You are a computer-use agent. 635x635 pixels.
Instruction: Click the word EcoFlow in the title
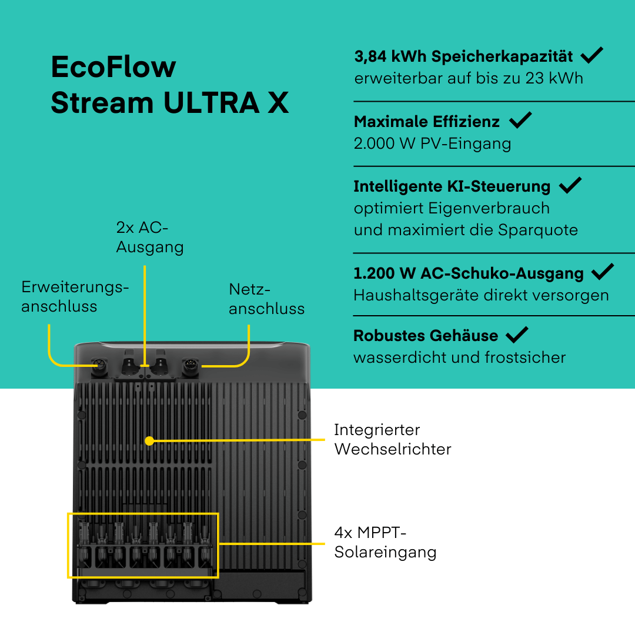coord(113,68)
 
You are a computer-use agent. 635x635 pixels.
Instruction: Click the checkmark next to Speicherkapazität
coord(591,56)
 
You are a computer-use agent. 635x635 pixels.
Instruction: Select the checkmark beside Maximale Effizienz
coord(520,121)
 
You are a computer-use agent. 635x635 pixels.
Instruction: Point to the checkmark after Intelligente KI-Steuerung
coord(570,186)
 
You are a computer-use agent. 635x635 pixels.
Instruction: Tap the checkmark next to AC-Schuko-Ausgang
coord(602,272)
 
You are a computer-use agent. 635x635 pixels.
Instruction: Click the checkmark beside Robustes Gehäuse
coord(517,335)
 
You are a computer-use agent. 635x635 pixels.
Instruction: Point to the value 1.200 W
coord(384,273)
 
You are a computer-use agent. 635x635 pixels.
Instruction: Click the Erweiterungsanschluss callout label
coord(75,296)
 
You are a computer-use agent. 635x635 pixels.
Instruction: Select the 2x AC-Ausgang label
coord(149,238)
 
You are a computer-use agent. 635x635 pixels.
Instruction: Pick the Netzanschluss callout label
coord(266,299)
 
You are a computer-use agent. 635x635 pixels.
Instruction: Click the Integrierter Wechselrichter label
coord(392,439)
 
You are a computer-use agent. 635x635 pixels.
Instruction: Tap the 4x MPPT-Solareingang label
coord(385,542)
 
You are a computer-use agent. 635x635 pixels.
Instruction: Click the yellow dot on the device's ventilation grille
coord(149,440)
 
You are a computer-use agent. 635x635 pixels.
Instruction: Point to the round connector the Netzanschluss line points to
coord(190,366)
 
